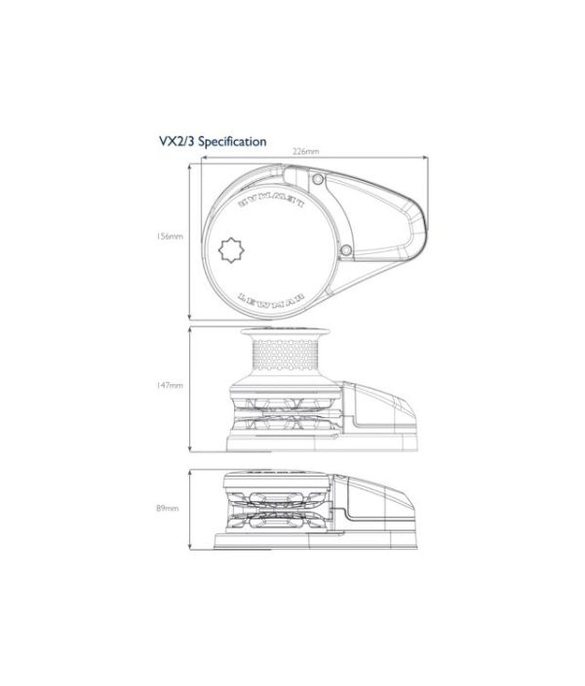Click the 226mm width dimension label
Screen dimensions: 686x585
point(306,151)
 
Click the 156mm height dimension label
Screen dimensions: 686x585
point(169,237)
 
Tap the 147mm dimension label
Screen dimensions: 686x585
point(169,386)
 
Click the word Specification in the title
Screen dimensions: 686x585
point(232,141)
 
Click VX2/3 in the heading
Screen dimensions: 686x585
point(177,141)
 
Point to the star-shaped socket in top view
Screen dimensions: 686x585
point(232,250)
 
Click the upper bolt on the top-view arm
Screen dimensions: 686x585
point(317,179)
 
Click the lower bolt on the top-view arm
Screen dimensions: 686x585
point(346,250)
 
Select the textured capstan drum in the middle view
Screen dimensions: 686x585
point(284,354)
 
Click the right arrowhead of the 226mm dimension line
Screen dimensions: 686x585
point(426,157)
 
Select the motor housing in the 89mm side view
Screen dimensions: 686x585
point(376,501)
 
